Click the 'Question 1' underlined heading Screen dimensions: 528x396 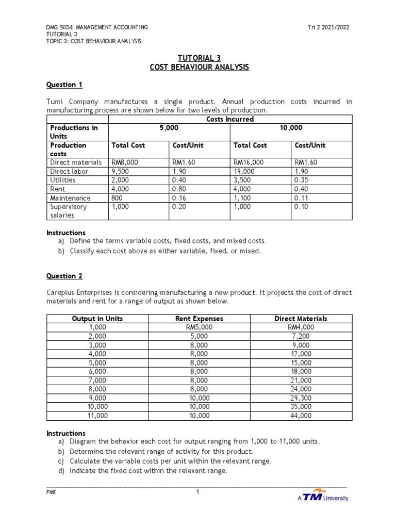click(64, 85)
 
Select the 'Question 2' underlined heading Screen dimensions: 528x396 click(64, 276)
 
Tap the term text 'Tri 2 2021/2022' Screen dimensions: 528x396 click(328, 27)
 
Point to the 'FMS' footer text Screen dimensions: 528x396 click(51, 492)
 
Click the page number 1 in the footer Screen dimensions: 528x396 click(197, 492)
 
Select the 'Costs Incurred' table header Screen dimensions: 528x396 click(230, 119)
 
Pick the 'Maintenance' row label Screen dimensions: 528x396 click(70, 198)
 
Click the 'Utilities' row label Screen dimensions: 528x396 click(62, 180)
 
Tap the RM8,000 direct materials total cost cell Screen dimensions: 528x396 click(125, 162)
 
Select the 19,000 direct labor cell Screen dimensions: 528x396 click(244, 171)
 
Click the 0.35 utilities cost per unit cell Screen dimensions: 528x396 click(302, 180)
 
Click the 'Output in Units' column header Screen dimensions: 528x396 click(98, 319)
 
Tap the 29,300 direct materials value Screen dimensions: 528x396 click(301, 398)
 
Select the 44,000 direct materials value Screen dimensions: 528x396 click(301, 415)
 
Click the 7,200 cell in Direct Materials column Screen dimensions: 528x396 click(301, 336)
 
